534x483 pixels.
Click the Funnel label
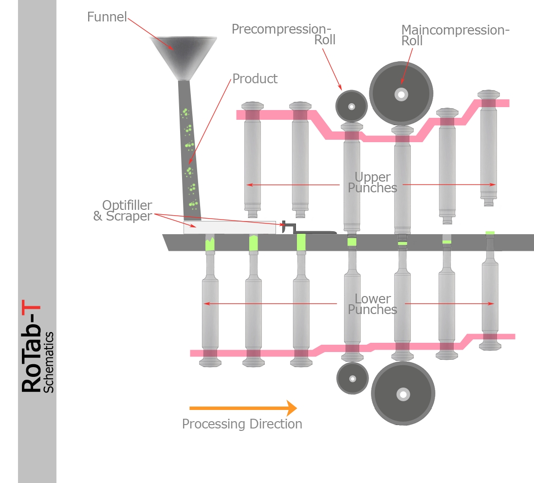107,17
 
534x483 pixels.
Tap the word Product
255,79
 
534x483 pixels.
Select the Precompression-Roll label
284,34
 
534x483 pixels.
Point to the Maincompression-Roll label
455,35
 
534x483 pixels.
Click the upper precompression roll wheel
351,106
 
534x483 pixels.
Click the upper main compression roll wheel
401,94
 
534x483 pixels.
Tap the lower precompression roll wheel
352,378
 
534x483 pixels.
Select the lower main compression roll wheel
403,393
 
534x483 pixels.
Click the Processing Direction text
242,424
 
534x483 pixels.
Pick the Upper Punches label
372,182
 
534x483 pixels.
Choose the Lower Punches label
372,304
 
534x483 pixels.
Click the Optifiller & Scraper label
123,210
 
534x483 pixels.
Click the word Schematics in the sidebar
48,362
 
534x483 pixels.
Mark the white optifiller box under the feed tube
229,227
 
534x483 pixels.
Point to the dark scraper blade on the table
314,231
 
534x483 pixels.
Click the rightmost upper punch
488,146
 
